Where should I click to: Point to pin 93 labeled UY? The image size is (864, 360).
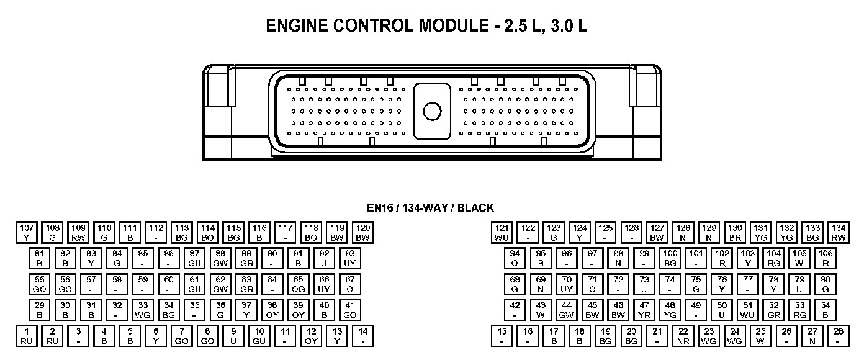point(350,258)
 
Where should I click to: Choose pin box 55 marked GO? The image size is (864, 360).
point(39,284)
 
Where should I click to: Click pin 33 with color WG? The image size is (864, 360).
point(143,310)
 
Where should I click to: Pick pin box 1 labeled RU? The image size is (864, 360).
point(26,336)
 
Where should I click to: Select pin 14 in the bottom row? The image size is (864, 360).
point(363,336)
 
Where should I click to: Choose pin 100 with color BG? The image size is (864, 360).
point(670,258)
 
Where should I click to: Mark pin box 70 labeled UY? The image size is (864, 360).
point(566,284)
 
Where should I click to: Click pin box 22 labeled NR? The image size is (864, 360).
point(683,336)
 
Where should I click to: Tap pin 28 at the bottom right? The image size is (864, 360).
point(838,336)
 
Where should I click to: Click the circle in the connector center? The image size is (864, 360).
point(431,111)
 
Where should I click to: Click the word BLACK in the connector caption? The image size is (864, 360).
point(476,209)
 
